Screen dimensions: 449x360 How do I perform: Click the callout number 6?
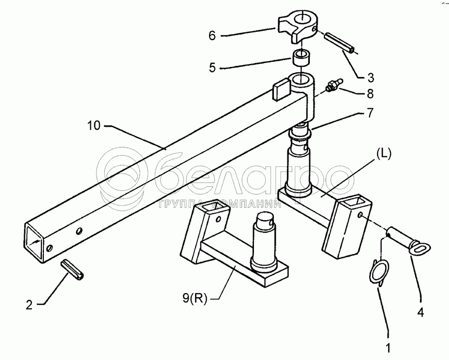pyautogui.click(x=212, y=36)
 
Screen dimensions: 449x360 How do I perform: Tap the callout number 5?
pyautogui.click(x=212, y=67)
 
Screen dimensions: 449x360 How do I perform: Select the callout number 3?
pyautogui.click(x=370, y=77)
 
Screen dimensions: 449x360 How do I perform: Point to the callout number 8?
pyautogui.click(x=370, y=94)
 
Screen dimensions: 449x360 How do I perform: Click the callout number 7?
pyautogui.click(x=370, y=113)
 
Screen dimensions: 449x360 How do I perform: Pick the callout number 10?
pyautogui.click(x=94, y=125)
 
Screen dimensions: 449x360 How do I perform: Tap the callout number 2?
pyautogui.click(x=29, y=305)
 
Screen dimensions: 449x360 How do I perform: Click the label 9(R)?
pyautogui.click(x=195, y=299)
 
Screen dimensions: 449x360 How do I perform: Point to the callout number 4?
pyautogui.click(x=420, y=313)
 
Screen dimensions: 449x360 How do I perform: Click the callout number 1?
pyautogui.click(x=388, y=348)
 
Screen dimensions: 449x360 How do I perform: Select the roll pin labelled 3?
pyautogui.click(x=340, y=43)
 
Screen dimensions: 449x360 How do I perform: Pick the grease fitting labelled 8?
pyautogui.click(x=334, y=85)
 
